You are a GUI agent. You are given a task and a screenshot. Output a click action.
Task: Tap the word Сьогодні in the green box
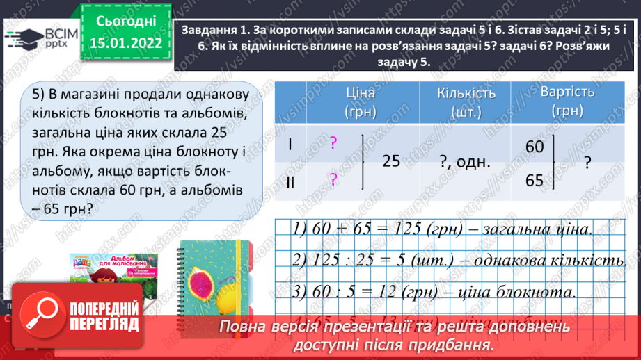[126, 23]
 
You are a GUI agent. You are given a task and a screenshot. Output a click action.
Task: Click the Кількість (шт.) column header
[466, 102]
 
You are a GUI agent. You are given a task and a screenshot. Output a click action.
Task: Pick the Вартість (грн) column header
[567, 102]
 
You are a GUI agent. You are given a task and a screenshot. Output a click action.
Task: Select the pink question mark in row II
[333, 180]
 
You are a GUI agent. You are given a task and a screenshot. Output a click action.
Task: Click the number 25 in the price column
[391, 162]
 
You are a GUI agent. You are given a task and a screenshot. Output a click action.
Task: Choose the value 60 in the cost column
[535, 147]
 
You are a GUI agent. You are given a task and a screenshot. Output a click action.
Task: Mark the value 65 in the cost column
[535, 181]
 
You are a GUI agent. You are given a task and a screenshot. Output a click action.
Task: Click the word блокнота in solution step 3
[542, 292]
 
